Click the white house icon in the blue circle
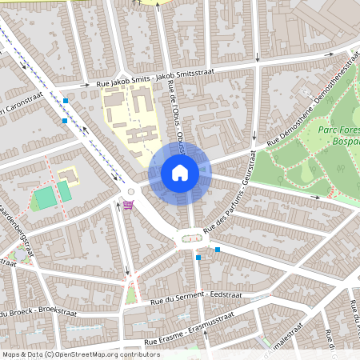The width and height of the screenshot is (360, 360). tap(180, 172)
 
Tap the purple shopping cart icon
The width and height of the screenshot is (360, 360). tap(128, 206)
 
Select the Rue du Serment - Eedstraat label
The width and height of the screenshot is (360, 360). tap(196, 298)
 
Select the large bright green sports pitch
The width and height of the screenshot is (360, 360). tap(46, 195)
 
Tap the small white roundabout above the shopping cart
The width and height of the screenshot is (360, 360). tap(130, 192)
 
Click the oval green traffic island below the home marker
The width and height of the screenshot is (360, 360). tap(190, 237)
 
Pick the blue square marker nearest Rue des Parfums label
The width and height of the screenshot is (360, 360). tap(217, 250)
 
